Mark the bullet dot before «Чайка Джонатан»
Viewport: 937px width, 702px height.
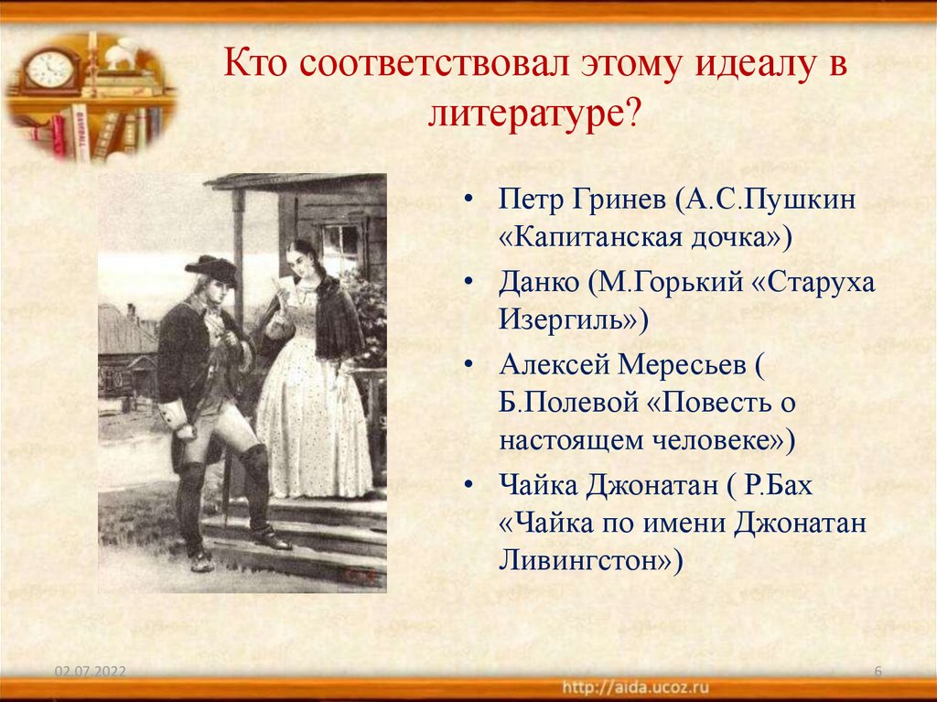[469, 485]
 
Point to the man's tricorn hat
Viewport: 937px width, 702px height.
[211, 268]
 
